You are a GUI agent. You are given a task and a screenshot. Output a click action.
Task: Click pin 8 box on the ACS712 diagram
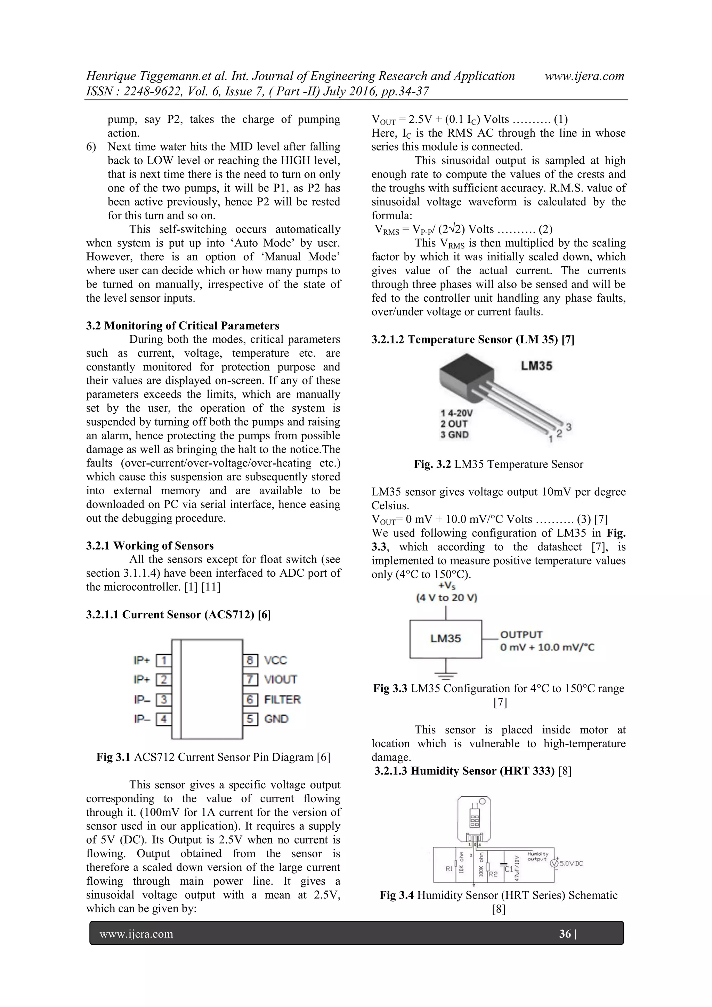[250, 660]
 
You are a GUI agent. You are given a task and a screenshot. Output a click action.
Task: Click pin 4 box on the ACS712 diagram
[164, 719]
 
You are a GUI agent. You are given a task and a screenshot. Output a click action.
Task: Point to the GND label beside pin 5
[276, 719]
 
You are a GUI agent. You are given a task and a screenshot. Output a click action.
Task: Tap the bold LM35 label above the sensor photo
[536, 366]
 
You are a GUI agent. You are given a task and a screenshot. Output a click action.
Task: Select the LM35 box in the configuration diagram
[445, 639]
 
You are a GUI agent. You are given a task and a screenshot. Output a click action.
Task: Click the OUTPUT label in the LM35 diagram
[521, 635]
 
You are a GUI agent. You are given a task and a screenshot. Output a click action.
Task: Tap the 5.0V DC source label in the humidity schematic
[571, 863]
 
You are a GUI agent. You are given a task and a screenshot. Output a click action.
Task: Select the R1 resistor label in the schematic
[450, 868]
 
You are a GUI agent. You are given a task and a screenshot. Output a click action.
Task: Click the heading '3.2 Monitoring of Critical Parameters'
[183, 325]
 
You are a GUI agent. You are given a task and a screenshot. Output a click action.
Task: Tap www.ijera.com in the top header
[584, 76]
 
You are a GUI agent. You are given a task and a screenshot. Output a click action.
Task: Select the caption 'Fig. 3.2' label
[432, 464]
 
